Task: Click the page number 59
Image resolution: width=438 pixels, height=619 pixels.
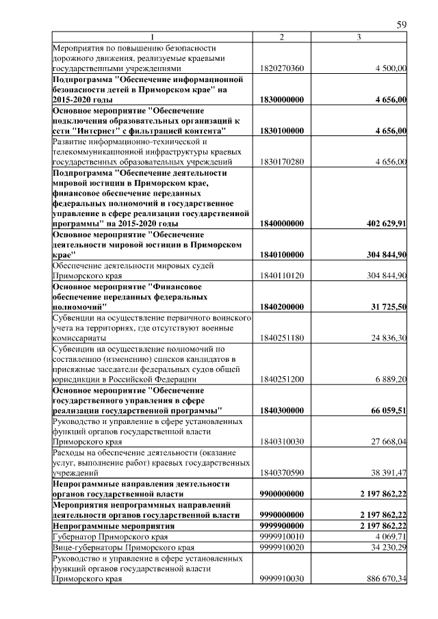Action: click(402, 25)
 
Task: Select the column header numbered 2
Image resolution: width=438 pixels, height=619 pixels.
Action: click(282, 36)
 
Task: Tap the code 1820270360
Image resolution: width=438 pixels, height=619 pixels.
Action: click(282, 68)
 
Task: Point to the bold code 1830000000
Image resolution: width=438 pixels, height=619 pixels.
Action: click(282, 99)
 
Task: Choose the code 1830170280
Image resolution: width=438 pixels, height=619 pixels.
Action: click(282, 161)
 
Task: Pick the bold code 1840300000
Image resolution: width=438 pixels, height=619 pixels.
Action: click(282, 410)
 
